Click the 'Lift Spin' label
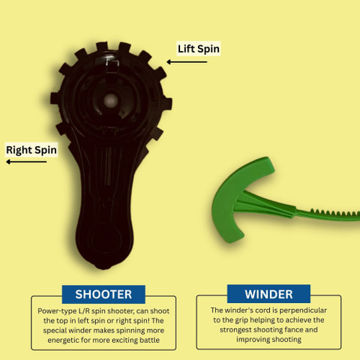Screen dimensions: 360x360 coord(199,49)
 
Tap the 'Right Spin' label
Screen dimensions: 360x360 coord(31,150)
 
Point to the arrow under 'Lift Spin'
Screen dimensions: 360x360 coord(187,61)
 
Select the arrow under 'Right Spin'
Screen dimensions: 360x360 coord(26,162)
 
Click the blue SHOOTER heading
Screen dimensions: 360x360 coord(103,294)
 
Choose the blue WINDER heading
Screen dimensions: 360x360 coord(268,294)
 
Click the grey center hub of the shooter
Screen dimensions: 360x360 coord(110,100)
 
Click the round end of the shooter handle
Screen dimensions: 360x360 coord(104,241)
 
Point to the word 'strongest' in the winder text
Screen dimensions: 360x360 coord(235,330)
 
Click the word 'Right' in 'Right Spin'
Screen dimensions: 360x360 coord(19,150)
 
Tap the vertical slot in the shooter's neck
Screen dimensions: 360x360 coord(109,166)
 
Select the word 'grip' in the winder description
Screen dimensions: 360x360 coord(241,320)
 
